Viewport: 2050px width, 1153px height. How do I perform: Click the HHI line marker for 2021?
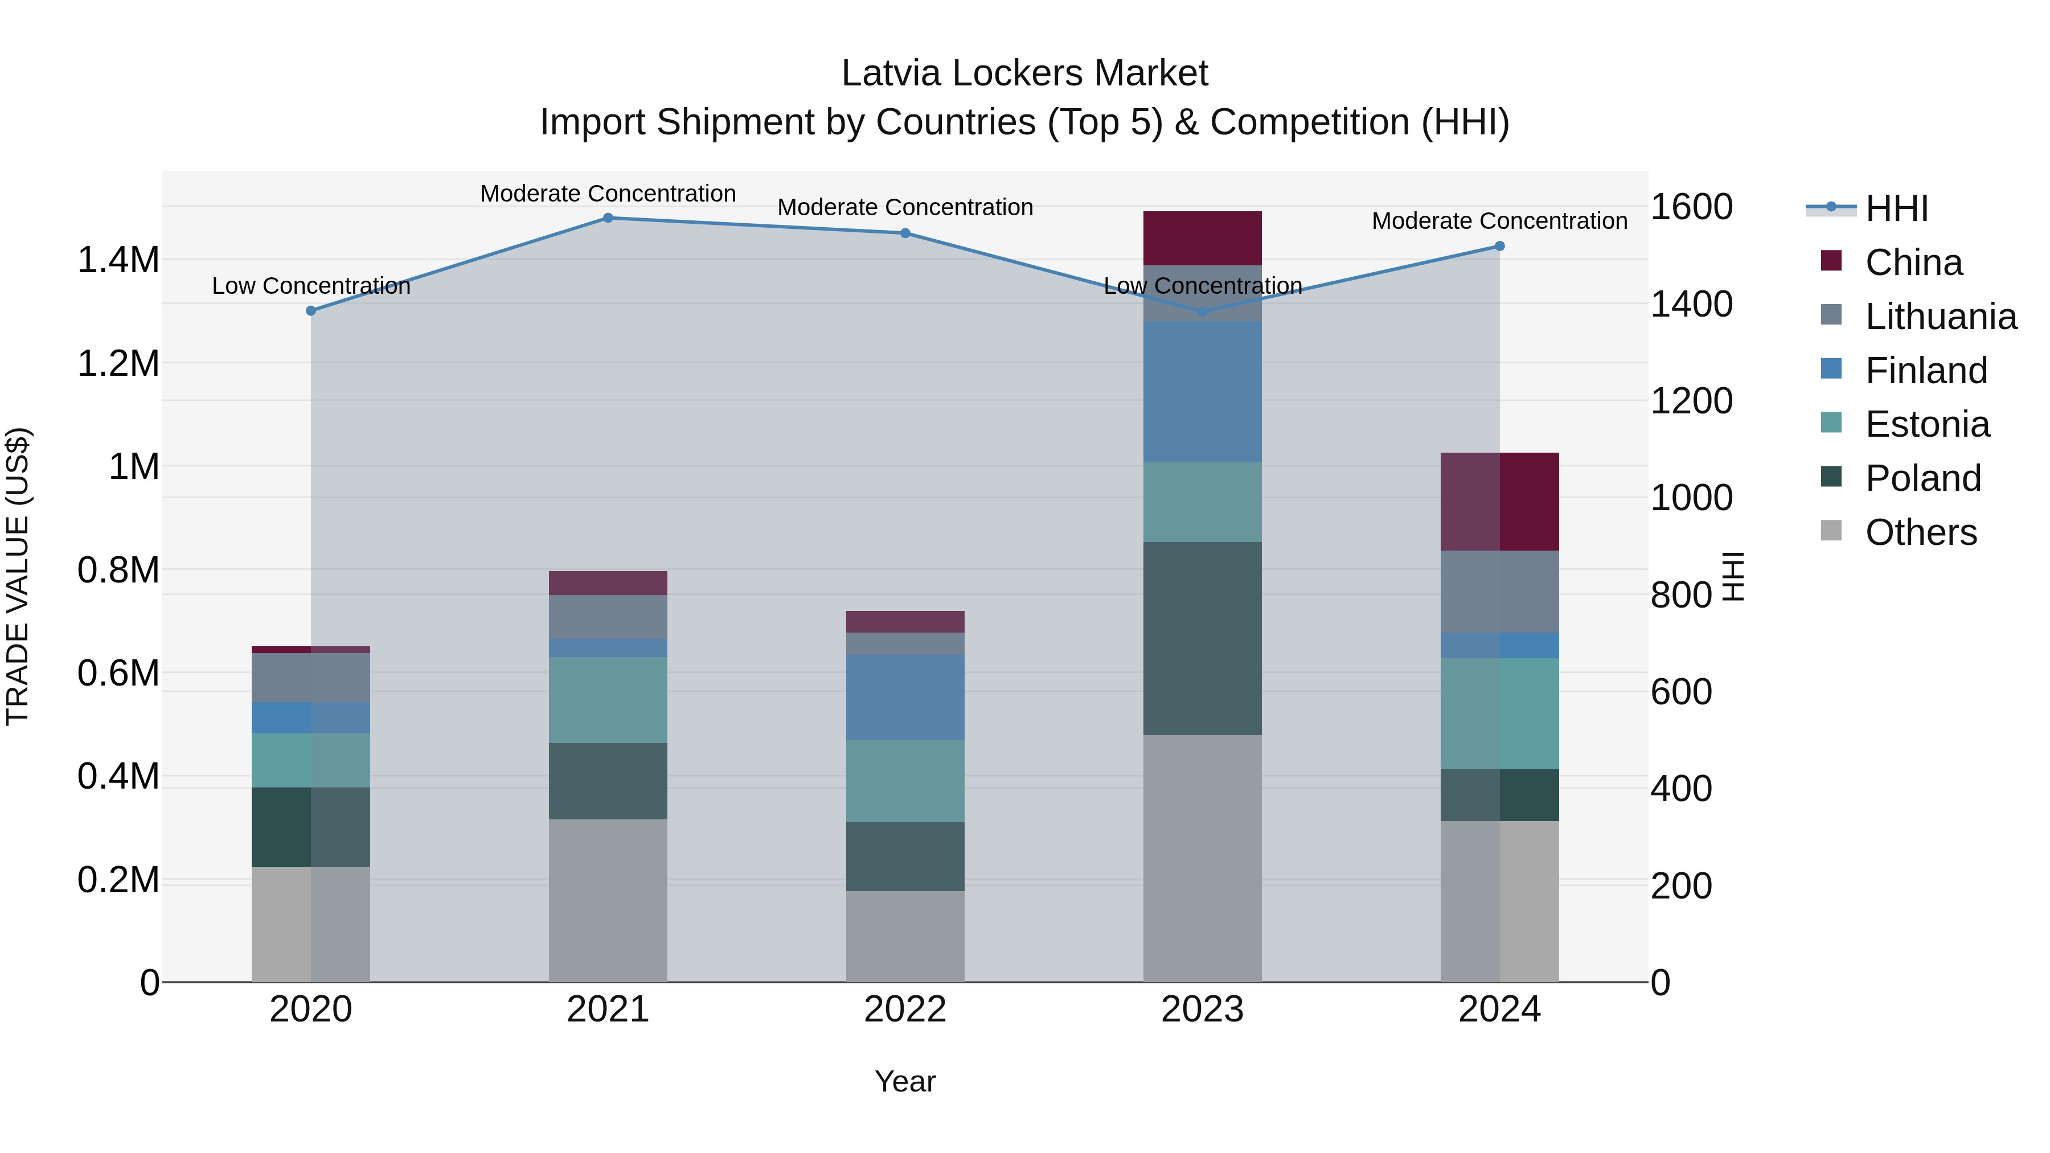click(608, 218)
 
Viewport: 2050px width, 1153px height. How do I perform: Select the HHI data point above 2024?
click(1499, 246)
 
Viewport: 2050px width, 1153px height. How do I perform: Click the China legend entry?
click(1913, 262)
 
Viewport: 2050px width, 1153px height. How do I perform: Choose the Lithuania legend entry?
click(1940, 317)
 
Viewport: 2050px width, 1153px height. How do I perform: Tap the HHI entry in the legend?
click(1896, 208)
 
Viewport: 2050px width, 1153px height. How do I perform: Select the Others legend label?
click(1920, 532)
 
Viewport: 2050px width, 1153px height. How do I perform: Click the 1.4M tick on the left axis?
click(118, 260)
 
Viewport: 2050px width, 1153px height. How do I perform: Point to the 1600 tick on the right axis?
click(1691, 207)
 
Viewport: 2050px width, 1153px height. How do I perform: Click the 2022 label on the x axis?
click(905, 1010)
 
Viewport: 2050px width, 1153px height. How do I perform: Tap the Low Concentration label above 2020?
click(311, 286)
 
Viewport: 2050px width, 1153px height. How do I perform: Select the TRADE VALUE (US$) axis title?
click(18, 576)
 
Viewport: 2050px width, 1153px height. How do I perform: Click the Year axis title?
click(905, 1081)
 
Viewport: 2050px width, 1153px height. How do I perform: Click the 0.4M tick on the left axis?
click(118, 777)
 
